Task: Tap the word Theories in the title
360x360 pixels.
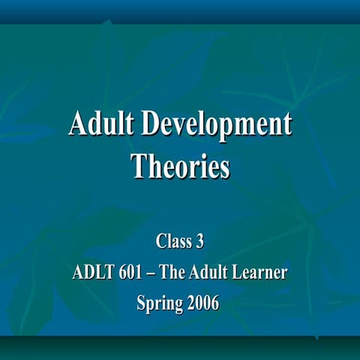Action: (180, 165)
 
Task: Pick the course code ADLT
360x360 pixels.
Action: (90, 274)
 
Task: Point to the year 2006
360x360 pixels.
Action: (202, 304)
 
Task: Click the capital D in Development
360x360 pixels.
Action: (149, 124)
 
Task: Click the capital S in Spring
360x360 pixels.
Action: (142, 304)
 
